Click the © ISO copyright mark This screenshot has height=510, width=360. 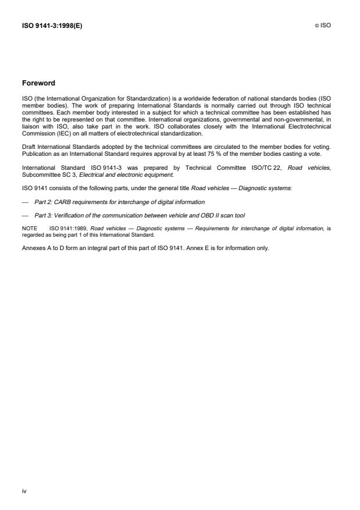(x=323, y=26)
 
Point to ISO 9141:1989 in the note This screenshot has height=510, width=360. (x=73, y=228)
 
